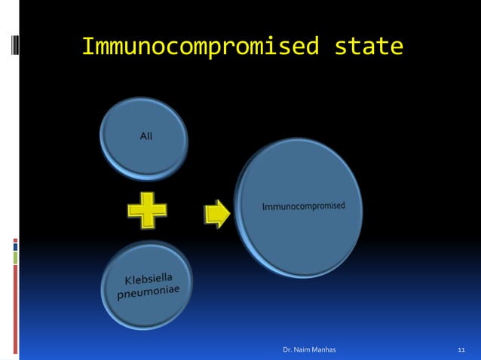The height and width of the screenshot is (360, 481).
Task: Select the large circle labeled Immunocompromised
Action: [x=300, y=206]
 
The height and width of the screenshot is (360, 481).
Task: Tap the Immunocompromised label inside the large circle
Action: [x=303, y=205]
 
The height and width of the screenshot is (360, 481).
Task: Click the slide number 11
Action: [x=462, y=350]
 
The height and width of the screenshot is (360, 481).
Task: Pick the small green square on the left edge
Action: [x=15, y=257]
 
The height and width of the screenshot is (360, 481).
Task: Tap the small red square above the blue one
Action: [x=15, y=240]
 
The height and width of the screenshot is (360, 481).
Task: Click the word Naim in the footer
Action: [x=305, y=350]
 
